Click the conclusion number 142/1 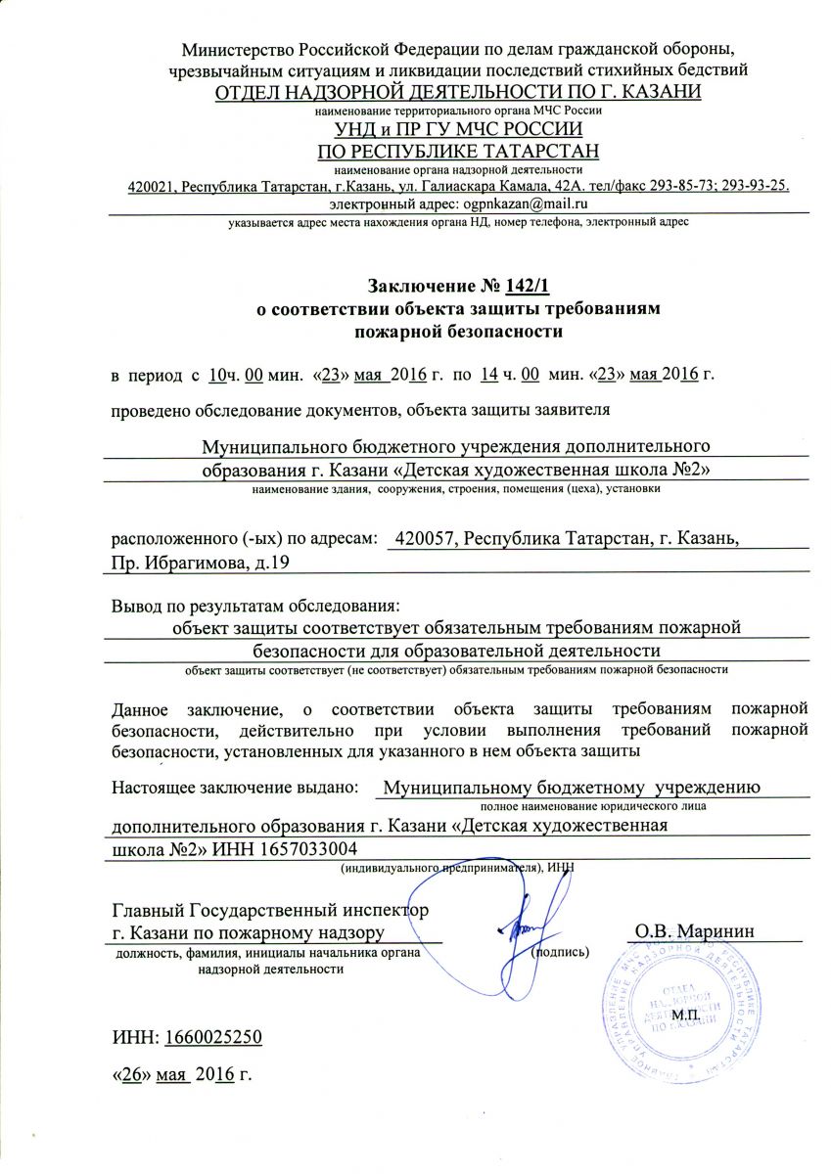pos(530,286)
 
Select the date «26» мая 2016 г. pos(182,1075)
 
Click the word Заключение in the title pos(422,286)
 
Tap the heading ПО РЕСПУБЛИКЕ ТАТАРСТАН pos(458,151)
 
